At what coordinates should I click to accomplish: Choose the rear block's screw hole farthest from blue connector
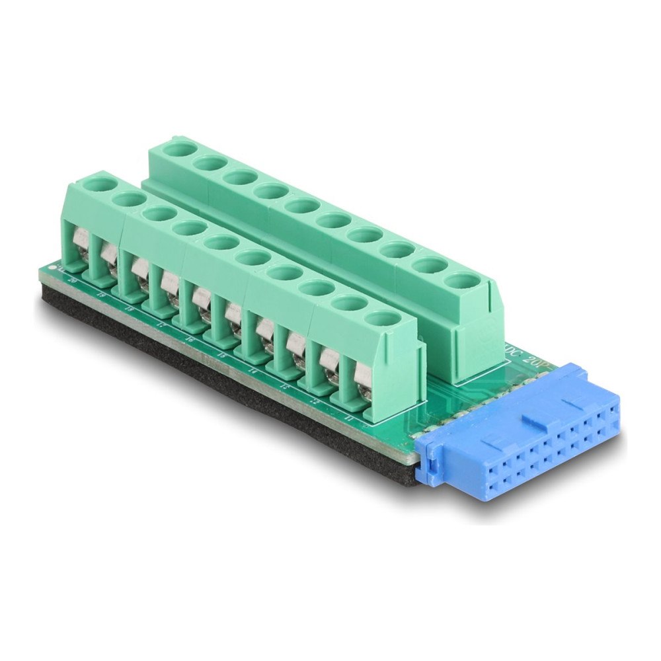177,147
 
